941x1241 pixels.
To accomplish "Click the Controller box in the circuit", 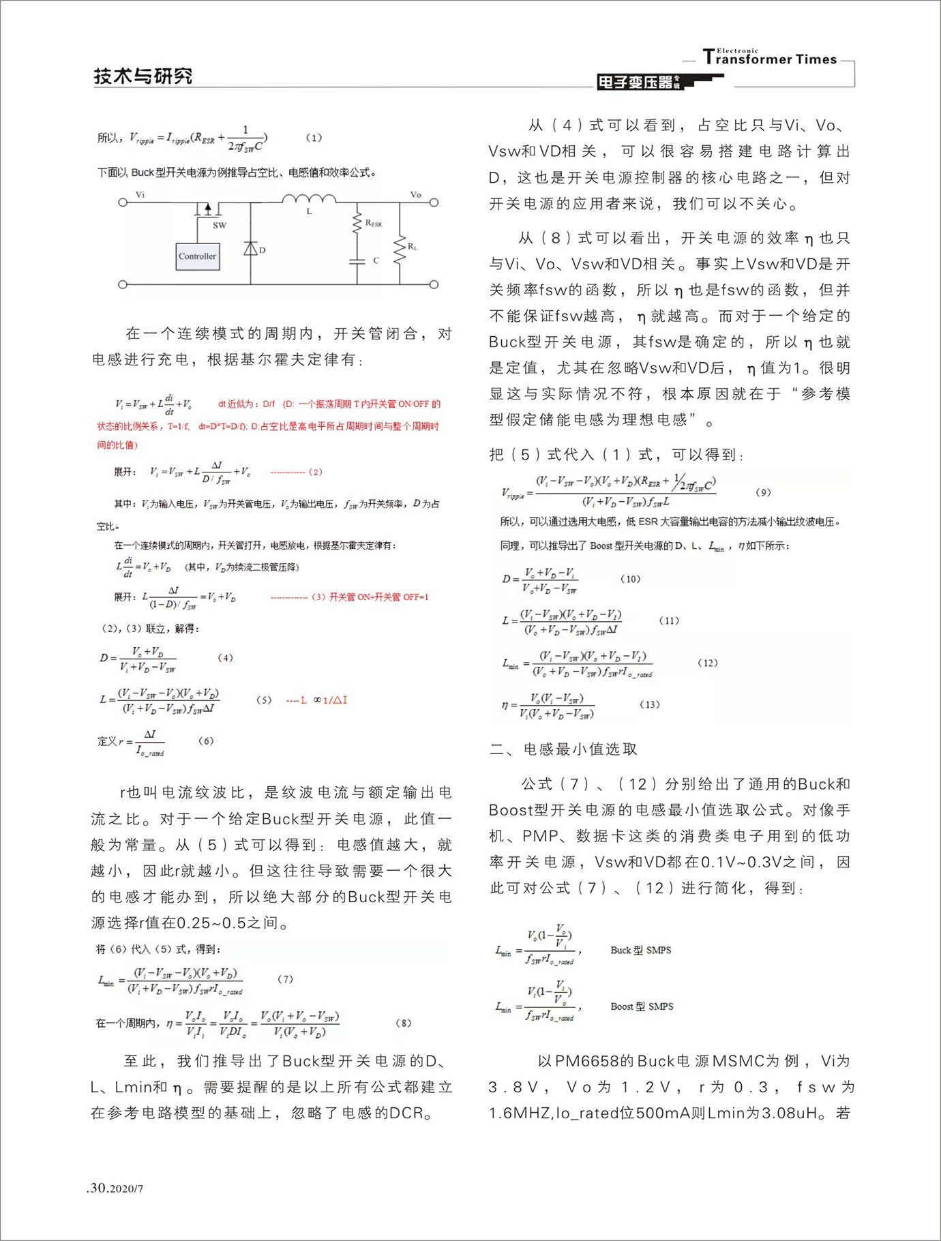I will click(198, 256).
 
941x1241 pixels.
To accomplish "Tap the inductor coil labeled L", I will click(309, 200).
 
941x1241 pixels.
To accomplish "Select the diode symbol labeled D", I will click(251, 249).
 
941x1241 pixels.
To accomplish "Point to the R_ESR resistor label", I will click(374, 223).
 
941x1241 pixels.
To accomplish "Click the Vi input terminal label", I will click(140, 194).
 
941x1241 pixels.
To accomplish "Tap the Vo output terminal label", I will click(415, 194).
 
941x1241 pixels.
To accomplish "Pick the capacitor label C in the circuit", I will click(376, 260).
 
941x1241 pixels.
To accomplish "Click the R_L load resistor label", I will click(412, 246).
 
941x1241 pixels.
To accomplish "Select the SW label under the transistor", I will click(219, 225).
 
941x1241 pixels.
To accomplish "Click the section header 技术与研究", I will click(143, 76).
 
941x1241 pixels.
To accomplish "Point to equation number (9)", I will click(764, 492).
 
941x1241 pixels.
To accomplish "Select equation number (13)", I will click(650, 704).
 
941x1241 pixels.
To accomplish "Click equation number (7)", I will click(285, 978).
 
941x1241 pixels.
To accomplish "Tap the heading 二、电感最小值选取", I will click(563, 749).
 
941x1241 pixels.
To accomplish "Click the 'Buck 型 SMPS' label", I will click(640, 950).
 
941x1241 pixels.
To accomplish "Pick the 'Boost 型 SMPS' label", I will click(642, 1006).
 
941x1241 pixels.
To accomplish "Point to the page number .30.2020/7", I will click(116, 1188).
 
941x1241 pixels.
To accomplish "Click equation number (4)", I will click(225, 657).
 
